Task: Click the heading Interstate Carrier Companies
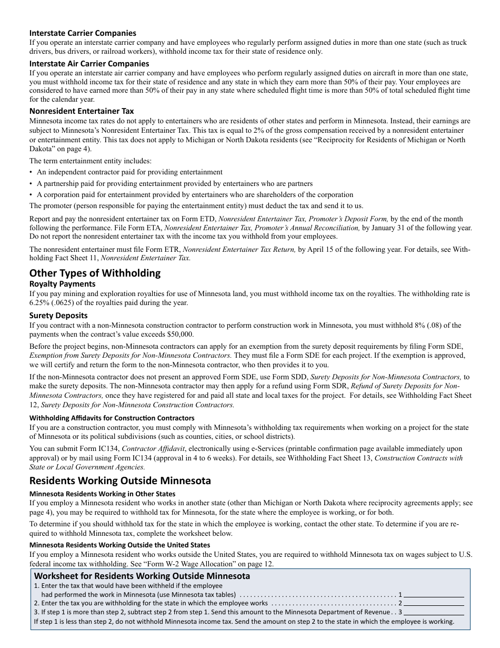(83, 33)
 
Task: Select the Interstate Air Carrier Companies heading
(89, 63)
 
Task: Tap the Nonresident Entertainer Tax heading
(82, 111)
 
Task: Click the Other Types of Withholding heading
(95, 272)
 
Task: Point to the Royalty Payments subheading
(62, 284)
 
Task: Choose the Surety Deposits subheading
(58, 315)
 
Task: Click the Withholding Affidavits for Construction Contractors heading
(112, 418)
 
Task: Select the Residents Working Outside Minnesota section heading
(120, 480)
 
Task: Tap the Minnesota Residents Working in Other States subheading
(102, 494)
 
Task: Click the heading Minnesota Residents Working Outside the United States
(119, 545)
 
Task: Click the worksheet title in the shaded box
(142, 576)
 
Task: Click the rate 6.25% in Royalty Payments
(40, 302)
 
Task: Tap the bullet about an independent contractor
(129, 172)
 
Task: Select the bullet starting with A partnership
(174, 183)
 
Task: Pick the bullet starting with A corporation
(195, 194)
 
